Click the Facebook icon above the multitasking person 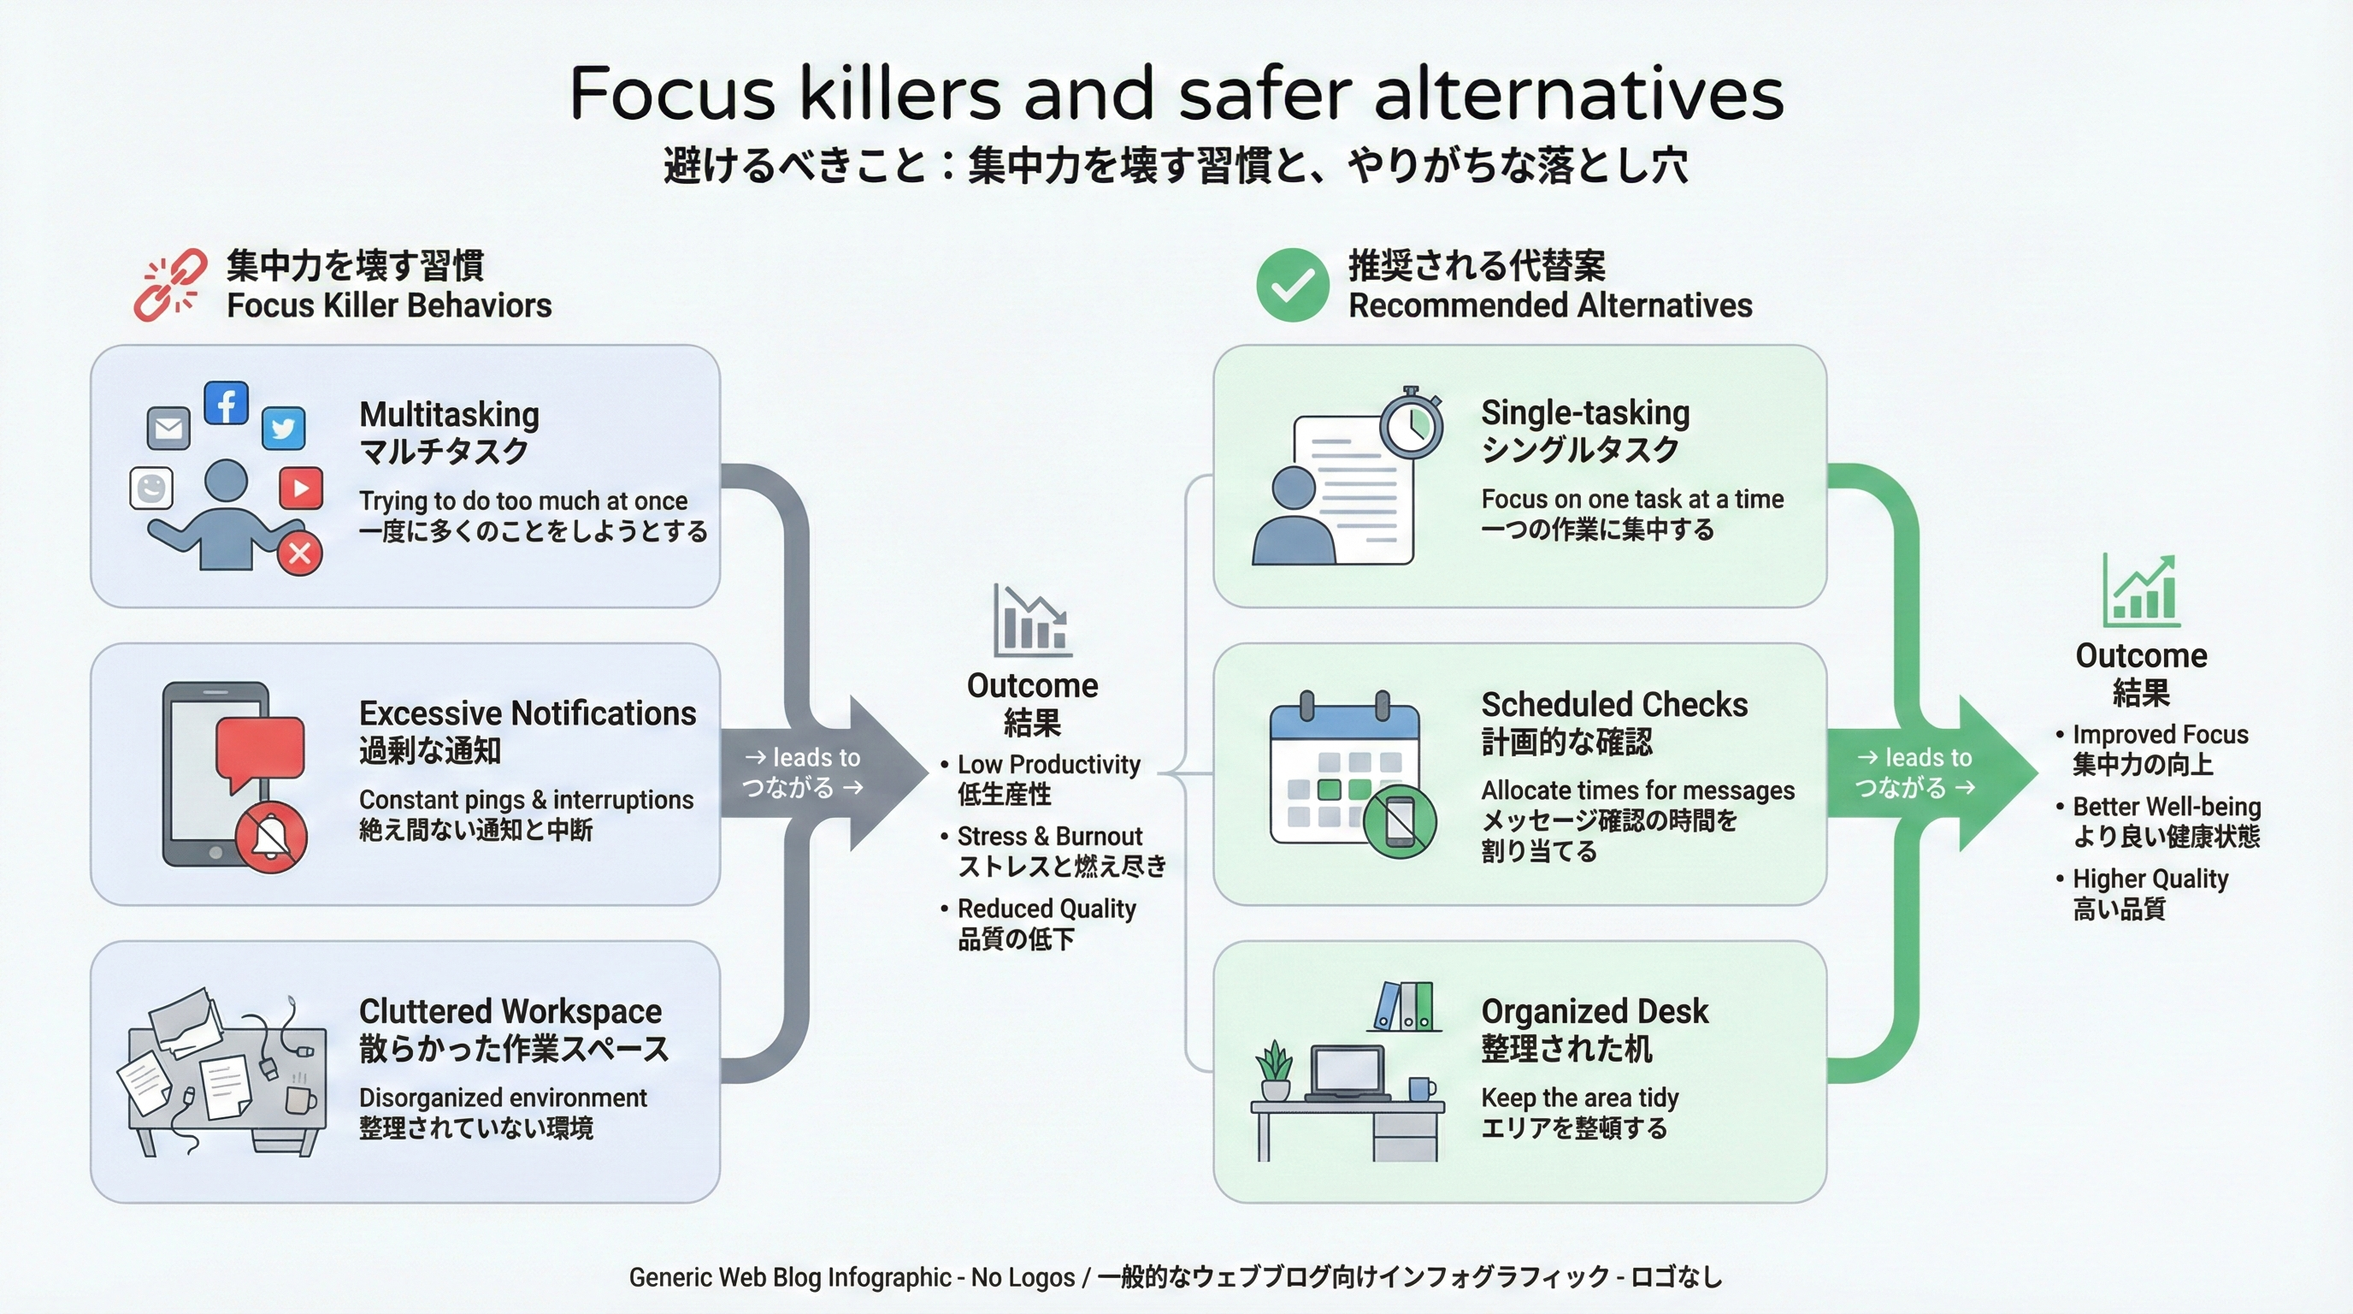pos(226,403)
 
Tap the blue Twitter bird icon pos(283,428)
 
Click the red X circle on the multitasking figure pos(299,553)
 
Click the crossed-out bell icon pos(271,837)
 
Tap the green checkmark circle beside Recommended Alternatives pos(1292,285)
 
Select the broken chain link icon pos(170,284)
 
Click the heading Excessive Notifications pos(527,713)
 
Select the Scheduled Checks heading pos(1614,706)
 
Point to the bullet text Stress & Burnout pos(1050,836)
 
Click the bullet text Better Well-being pos(2166,807)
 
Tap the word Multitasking pos(449,415)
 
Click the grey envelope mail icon pos(169,428)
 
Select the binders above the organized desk pos(1404,1006)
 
